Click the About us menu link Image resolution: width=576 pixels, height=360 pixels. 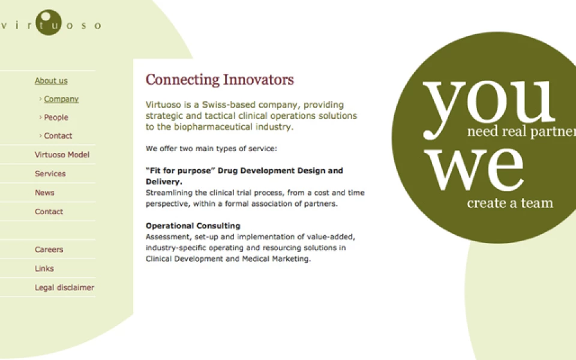[51, 81]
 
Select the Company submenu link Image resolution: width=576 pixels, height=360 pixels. [61, 99]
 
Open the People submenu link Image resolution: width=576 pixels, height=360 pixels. [56, 118]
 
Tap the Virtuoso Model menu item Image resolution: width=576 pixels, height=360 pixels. [62, 155]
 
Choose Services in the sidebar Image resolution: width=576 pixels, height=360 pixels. [50, 174]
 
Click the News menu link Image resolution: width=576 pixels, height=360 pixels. [44, 193]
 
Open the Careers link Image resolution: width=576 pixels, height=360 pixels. [49, 250]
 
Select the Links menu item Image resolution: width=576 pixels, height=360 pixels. [44, 269]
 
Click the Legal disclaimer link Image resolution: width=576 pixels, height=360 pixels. [65, 287]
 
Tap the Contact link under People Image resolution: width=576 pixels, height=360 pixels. [58, 136]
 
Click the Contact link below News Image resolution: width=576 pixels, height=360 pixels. [49, 212]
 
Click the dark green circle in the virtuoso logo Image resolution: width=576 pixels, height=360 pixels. [49, 22]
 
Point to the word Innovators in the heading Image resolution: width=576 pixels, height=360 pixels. [259, 80]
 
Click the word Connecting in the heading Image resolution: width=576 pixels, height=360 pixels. [182, 80]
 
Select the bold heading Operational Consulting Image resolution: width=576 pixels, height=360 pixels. [193, 226]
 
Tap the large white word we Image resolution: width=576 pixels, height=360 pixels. [474, 169]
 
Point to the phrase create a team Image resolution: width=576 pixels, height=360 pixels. [510, 203]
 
